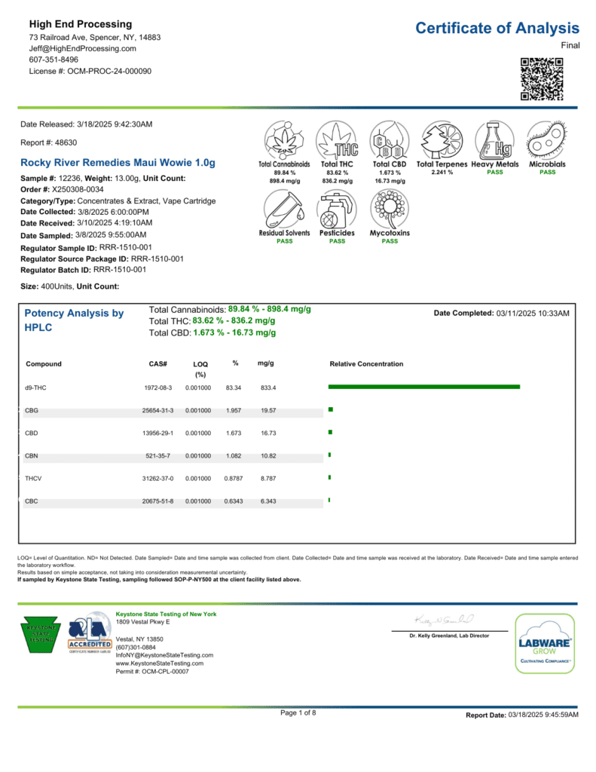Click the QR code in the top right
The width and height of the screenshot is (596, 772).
coord(542,79)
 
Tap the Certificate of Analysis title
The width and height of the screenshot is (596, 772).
coord(497,29)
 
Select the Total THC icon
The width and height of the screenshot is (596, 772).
coord(337,139)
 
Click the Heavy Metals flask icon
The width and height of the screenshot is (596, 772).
coord(494,139)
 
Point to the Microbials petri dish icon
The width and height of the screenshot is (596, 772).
coord(547,139)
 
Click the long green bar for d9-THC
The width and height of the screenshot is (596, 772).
coord(424,387)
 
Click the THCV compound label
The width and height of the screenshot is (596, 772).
coord(33,479)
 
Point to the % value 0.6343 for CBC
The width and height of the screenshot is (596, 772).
coord(234,501)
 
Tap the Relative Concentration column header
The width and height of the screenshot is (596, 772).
coord(366,364)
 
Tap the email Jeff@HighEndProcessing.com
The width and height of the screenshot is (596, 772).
coord(83,48)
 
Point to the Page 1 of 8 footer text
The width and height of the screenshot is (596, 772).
coord(298,712)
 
